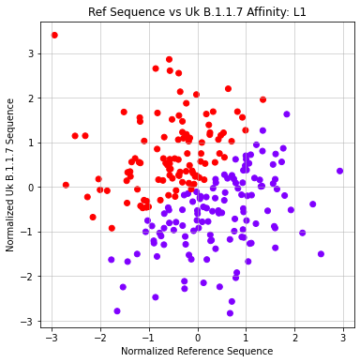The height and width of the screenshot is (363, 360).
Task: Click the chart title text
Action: click(197, 12)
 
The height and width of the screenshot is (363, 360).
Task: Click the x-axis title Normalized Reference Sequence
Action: click(197, 351)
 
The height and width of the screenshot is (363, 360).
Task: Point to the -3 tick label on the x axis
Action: click(52, 335)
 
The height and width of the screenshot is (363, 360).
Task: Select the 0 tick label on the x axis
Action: click(198, 335)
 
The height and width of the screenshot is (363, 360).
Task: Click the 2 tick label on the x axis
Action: click(294, 335)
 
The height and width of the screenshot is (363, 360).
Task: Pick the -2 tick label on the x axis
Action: click(100, 335)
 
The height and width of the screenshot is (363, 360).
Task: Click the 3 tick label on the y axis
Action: click(31, 53)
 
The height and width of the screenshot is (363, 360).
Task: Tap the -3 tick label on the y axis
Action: click(28, 322)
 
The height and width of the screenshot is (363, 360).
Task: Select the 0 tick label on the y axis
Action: click(31, 188)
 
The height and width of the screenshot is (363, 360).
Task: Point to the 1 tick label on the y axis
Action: click(31, 143)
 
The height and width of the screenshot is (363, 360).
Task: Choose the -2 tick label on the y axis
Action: click(28, 277)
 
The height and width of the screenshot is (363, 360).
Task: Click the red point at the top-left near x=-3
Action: click(54, 36)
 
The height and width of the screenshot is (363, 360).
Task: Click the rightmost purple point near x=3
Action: click(339, 172)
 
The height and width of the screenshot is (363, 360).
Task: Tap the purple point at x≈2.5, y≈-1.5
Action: click(321, 254)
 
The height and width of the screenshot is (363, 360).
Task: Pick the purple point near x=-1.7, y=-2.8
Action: click(117, 311)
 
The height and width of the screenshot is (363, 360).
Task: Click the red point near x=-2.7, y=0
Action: click(66, 186)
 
